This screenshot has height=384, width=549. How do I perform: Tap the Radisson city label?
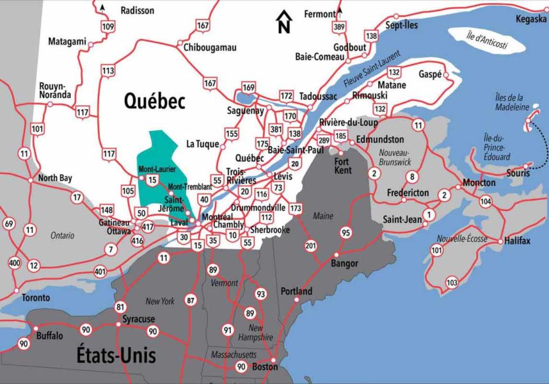click(138, 10)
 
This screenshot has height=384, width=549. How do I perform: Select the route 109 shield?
click(107, 26)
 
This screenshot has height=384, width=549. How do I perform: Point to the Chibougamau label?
click(210, 47)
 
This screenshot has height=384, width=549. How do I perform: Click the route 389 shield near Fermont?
click(338, 27)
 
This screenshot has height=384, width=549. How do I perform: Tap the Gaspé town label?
click(430, 74)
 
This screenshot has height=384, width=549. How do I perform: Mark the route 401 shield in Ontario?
click(99, 271)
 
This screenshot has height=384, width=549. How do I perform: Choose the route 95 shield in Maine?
click(346, 232)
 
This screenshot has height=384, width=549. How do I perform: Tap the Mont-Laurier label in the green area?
click(157, 170)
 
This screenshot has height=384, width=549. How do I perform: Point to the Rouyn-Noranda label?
click(57, 90)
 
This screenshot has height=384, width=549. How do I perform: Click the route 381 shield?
click(276, 129)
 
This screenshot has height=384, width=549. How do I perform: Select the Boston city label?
click(265, 367)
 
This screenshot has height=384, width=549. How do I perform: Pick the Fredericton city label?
click(408, 193)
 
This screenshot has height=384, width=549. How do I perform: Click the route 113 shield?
click(107, 70)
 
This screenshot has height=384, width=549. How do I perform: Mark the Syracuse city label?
click(138, 318)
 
